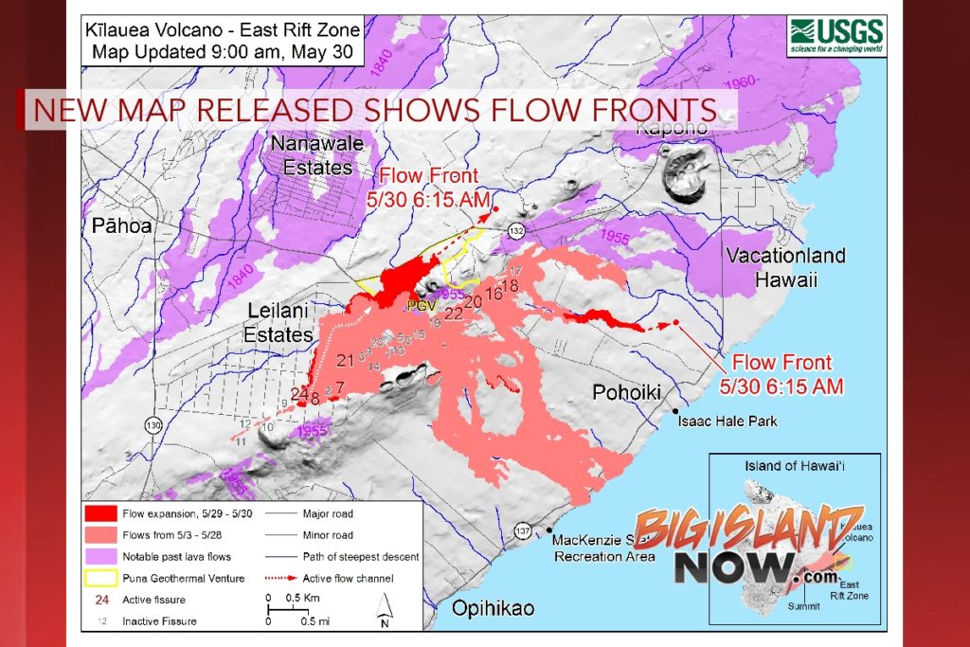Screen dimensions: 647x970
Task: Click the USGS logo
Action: [837, 37]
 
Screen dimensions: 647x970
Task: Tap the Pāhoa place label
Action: [122, 226]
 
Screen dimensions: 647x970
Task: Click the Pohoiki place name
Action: [626, 392]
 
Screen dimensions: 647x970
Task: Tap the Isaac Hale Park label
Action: [728, 420]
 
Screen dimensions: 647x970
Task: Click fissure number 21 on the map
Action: [345, 359]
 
